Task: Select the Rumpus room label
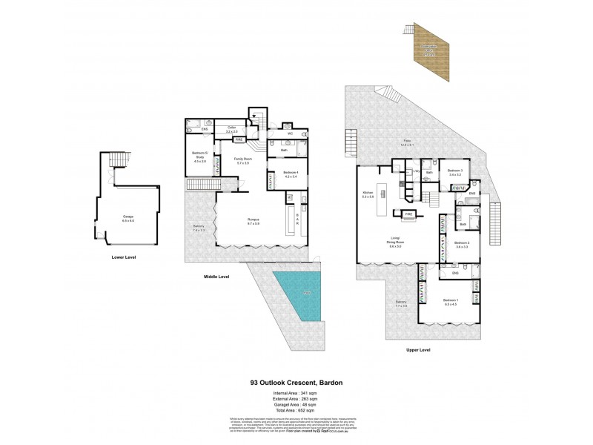pyautogui.click(x=254, y=220)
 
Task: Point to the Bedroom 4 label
pyautogui.click(x=291, y=174)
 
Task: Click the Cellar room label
pyautogui.click(x=231, y=128)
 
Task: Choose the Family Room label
pyautogui.click(x=242, y=160)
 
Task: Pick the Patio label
pyautogui.click(x=406, y=143)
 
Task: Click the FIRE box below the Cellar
pyautogui.click(x=239, y=139)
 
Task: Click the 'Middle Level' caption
pyautogui.click(x=216, y=277)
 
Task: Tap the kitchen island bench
pyautogui.click(x=383, y=198)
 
